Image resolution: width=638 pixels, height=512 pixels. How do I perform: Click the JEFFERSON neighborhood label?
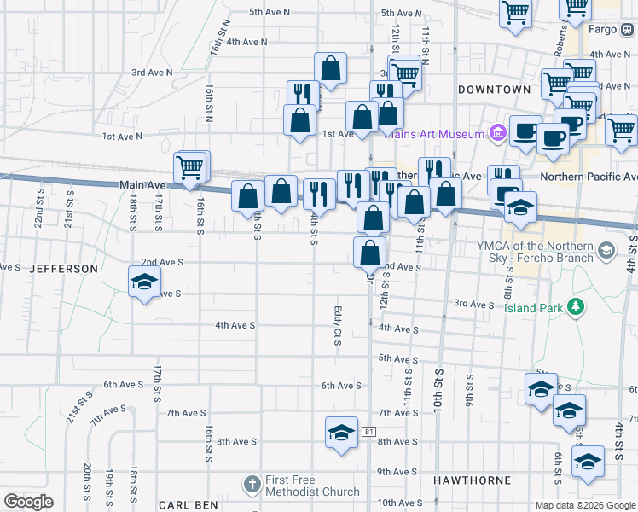[64, 268]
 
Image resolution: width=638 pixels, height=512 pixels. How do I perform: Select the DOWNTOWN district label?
[495, 89]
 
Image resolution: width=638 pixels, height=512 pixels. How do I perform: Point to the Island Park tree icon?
[577, 307]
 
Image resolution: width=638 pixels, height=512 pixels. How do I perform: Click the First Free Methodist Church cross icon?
[251, 485]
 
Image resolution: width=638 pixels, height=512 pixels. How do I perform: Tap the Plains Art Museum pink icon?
[498, 133]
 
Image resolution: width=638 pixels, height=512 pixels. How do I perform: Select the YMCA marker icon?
[606, 251]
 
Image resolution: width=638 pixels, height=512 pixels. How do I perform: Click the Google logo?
[28, 502]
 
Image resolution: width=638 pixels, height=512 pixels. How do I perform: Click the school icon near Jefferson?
[144, 281]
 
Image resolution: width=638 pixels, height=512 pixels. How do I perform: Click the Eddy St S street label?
[338, 327]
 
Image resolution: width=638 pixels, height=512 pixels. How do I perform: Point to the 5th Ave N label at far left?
[270, 12]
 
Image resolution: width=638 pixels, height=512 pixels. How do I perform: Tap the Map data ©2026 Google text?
[584, 504]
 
